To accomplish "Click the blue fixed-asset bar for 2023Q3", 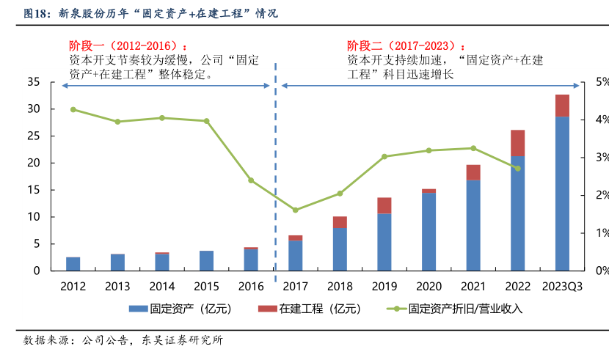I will pos(562,194).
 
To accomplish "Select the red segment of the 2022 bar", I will pos(518,143).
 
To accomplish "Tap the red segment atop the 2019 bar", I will pos(384,205).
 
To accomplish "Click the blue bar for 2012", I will pos(73,264).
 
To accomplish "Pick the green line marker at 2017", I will pos(295,210).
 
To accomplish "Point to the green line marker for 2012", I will pos(73,109).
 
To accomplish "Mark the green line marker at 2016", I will pos(251,180).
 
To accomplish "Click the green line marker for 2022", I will pos(517,168).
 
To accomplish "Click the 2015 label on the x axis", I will pos(206,286).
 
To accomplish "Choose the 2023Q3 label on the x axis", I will pos(561,286).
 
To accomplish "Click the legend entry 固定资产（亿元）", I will pos(180,309).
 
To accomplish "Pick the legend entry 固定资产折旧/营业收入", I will pos(455,309).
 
